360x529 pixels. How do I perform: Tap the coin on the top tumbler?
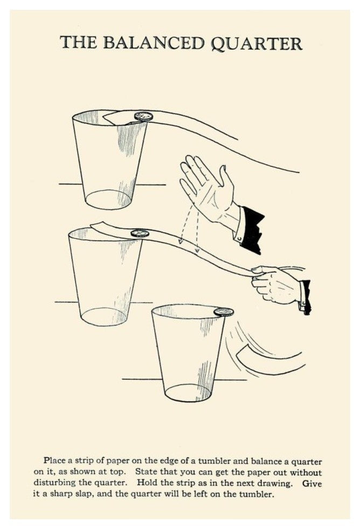[x=143, y=116]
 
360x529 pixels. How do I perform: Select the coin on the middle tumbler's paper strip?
[x=140, y=233]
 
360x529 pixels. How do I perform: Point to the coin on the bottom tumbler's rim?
[x=223, y=312]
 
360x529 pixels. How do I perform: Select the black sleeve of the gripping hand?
[x=306, y=297]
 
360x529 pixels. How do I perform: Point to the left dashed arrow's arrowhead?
[x=181, y=241]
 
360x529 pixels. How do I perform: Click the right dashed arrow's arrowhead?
[x=197, y=250]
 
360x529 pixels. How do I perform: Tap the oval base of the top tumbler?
[x=108, y=199]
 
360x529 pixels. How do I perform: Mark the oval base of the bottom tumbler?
[x=188, y=393]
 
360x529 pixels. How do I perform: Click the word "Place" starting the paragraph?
[x=54, y=461]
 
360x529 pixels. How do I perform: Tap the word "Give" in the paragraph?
[x=311, y=483]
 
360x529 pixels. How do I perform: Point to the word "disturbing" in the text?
[x=56, y=483]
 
